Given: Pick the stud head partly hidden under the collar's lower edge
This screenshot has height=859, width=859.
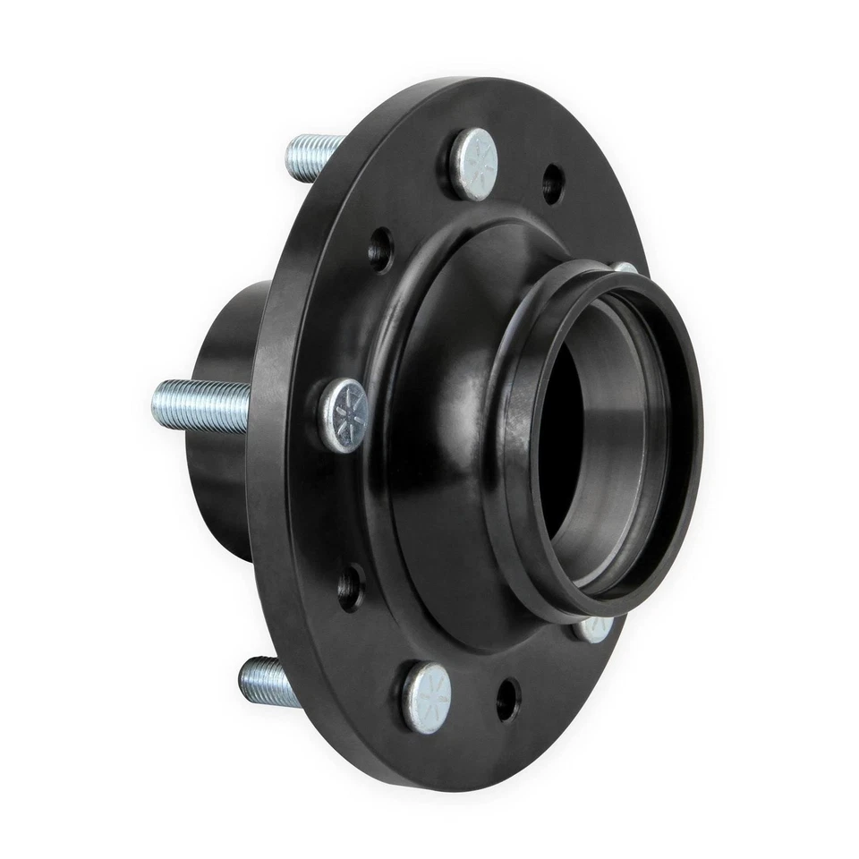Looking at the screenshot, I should point(593,628).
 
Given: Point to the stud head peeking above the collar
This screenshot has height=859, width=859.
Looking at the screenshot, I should point(625,268).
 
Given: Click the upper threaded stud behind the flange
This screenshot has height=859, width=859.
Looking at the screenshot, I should point(313,157).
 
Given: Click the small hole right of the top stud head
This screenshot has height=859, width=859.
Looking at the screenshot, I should point(553,184).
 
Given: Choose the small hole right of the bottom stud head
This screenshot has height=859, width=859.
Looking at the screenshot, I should point(507,697).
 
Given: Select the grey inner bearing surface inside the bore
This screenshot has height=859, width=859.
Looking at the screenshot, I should point(626,465).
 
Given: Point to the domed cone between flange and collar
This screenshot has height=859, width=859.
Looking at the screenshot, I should point(438,376).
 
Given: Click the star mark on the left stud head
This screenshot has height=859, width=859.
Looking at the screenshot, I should point(347,413).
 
